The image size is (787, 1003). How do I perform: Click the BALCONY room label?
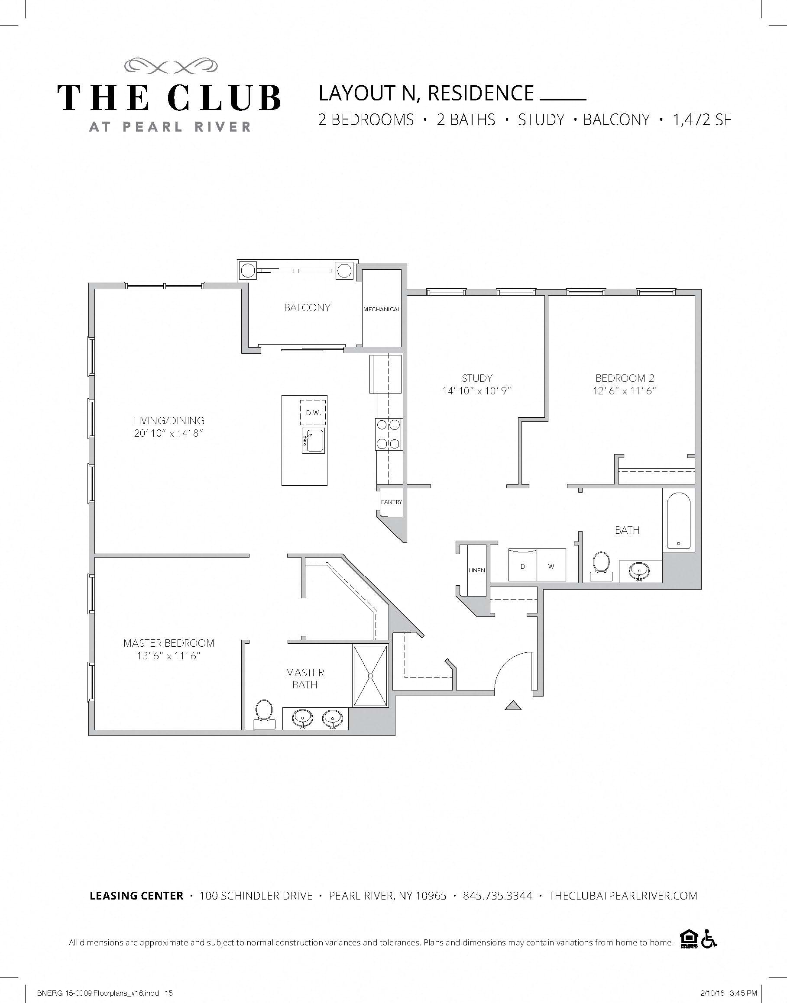(307, 308)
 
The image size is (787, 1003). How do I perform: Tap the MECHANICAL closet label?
(382, 310)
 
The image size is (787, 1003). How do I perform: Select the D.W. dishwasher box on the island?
(313, 413)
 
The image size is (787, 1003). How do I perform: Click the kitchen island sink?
(314, 440)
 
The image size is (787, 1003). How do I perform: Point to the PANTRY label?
(391, 502)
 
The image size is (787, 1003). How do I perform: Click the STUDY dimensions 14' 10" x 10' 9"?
(477, 391)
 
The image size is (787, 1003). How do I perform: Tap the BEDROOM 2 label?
(624, 378)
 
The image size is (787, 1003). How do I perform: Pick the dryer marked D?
(522, 566)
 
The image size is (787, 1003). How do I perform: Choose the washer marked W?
(551, 566)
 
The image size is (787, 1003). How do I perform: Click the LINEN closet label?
(476, 570)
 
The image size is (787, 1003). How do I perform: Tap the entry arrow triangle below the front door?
(513, 706)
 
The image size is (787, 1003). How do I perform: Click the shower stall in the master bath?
(370, 676)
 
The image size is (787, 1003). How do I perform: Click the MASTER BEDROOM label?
(168, 643)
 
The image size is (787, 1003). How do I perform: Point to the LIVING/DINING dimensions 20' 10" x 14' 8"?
(168, 433)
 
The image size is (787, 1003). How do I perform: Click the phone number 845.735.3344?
(498, 896)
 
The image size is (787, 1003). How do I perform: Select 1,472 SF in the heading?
(701, 120)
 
